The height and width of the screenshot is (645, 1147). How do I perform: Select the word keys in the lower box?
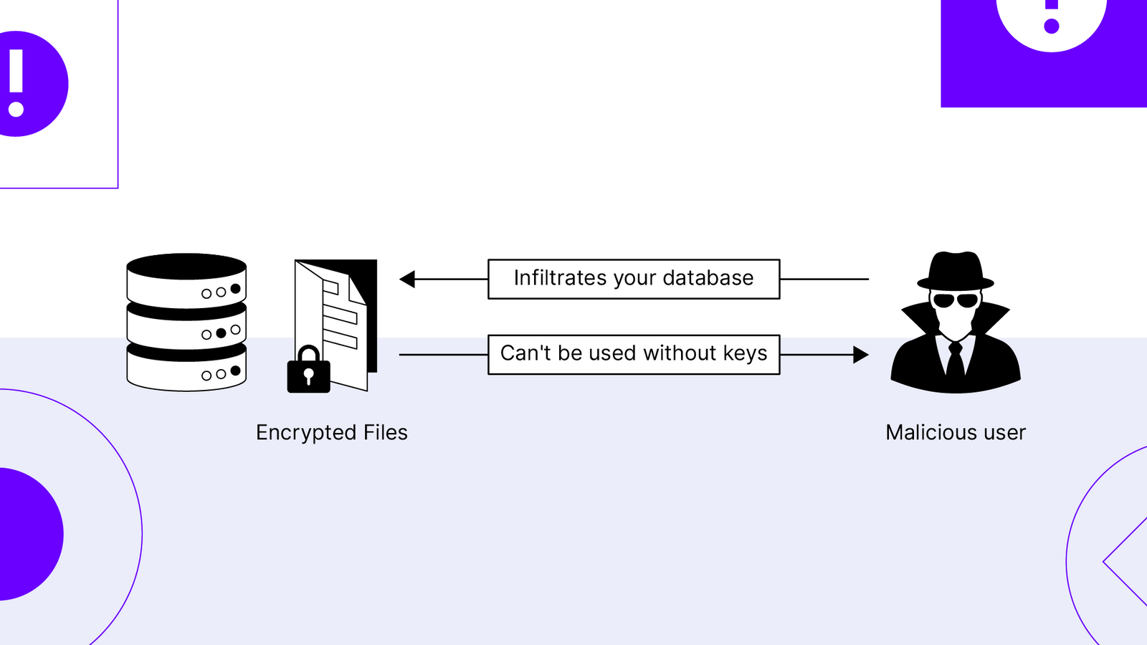click(745, 353)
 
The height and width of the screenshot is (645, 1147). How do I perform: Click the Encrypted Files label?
click(331, 433)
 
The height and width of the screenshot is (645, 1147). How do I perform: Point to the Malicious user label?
click(956, 433)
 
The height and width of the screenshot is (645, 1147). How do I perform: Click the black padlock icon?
click(308, 372)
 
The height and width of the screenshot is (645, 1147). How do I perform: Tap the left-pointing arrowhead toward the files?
click(407, 279)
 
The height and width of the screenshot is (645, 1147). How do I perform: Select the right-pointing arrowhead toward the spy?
click(861, 355)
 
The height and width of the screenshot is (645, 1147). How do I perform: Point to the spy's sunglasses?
click(956, 300)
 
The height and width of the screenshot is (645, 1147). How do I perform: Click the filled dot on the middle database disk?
click(221, 333)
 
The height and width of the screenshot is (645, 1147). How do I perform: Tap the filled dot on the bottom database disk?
click(235, 371)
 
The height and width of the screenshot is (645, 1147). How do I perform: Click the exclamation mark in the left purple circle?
click(16, 83)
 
